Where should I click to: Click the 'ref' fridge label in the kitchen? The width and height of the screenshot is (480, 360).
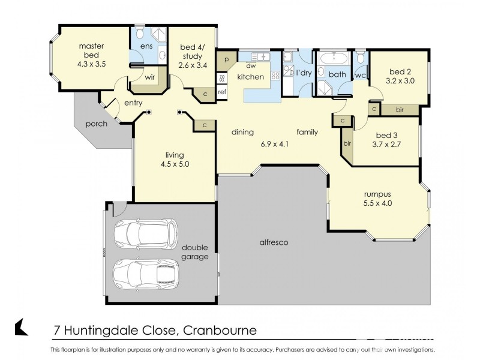(222, 92)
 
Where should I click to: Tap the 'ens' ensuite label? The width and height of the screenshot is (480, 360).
(146, 46)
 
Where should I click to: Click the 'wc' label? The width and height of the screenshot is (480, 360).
(360, 76)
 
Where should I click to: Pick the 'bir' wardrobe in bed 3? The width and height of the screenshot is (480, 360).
(347, 144)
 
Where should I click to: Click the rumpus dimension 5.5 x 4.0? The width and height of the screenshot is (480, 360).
(378, 203)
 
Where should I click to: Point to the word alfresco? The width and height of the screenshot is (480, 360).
(274, 242)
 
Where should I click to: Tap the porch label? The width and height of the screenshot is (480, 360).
(96, 124)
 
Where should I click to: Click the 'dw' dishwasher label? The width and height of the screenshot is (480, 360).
(251, 67)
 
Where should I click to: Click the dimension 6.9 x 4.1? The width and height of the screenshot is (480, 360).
(275, 144)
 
